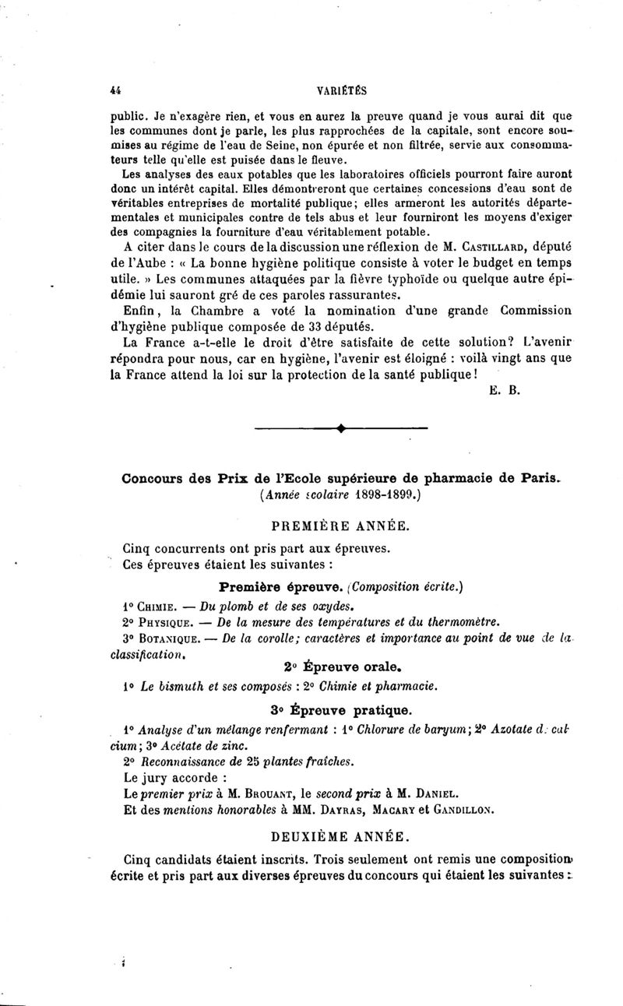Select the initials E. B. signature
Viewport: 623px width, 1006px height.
(x=498, y=391)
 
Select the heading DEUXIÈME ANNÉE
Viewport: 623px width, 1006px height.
(x=340, y=837)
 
